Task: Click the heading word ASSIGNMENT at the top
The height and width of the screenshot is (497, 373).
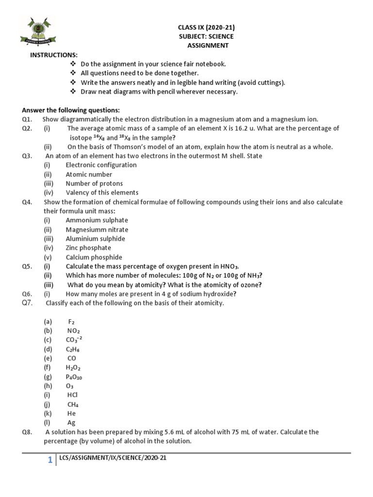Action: [x=207, y=46]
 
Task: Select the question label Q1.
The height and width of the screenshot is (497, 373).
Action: [x=27, y=119]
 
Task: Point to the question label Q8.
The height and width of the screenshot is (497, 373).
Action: [x=27, y=432]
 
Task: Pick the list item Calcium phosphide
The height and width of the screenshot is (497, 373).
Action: [x=94, y=257]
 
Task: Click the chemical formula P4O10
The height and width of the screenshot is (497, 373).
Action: [x=74, y=377]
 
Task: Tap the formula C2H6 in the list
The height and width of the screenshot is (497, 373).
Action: [x=72, y=349]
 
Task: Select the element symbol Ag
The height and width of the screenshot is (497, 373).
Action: [x=71, y=423]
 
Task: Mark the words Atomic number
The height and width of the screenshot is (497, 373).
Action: [x=89, y=174]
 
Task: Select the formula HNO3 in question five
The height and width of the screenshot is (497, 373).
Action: [x=228, y=266]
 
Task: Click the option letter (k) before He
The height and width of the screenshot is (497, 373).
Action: [x=48, y=414]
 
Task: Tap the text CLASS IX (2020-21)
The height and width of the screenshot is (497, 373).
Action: [x=207, y=27]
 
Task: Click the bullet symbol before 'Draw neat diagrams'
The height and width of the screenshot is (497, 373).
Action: [x=73, y=92]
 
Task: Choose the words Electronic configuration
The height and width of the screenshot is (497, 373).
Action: [x=101, y=165]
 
